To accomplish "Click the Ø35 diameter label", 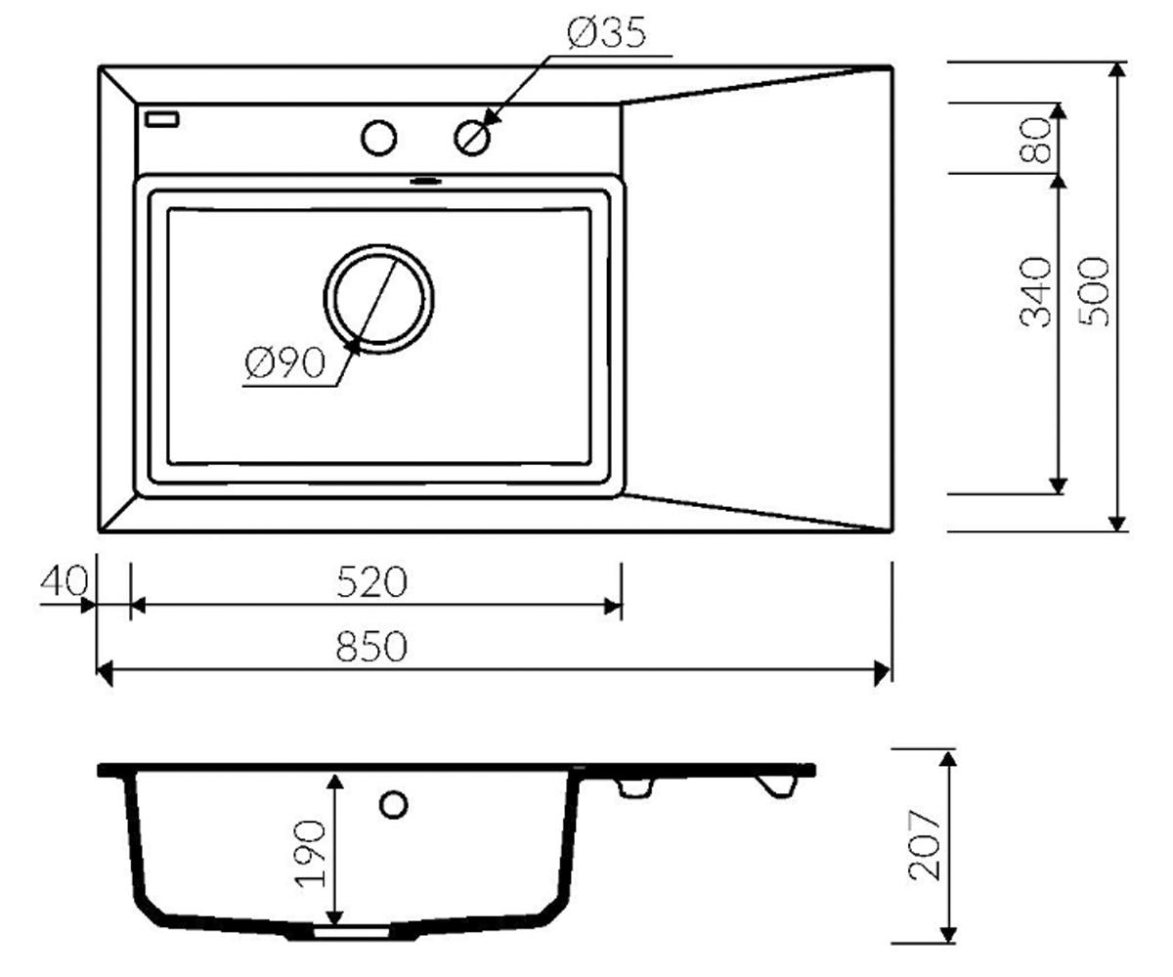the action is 606,33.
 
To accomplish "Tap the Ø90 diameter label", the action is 285,362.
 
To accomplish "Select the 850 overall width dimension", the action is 371,646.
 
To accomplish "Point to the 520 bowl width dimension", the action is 371,582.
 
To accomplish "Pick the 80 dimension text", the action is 1035,140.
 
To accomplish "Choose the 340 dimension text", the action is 1035,292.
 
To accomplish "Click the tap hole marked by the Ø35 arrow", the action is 472,138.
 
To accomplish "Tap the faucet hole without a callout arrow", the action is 379,138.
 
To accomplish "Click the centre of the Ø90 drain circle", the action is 378,299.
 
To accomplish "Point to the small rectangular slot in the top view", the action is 162,119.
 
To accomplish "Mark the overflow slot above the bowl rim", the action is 426,181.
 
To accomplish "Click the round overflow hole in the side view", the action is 393,805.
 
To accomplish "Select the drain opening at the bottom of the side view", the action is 352,933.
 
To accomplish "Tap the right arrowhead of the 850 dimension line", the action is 882,673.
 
